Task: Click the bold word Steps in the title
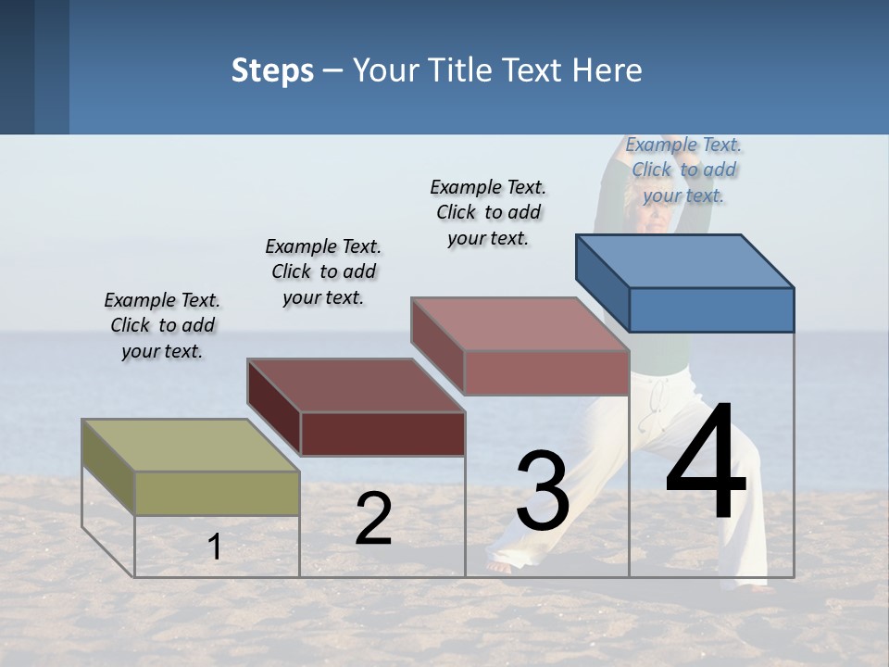[x=272, y=70]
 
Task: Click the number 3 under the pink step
[x=543, y=491]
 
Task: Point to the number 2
[x=373, y=519]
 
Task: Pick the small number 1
[x=215, y=547]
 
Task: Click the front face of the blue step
[x=711, y=309]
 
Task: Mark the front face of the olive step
[x=217, y=493]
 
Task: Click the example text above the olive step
[x=162, y=325]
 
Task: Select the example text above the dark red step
[x=323, y=271]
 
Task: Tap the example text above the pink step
[x=488, y=212]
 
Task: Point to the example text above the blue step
[x=683, y=170]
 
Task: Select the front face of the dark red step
[x=382, y=434]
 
